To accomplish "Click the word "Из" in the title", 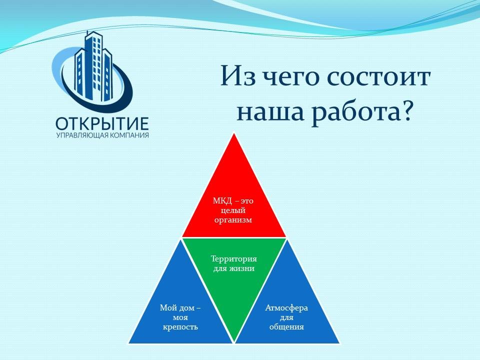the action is point(238,76).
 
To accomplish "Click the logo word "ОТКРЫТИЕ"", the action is point(102,124).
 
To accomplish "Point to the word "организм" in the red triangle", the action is point(233,220).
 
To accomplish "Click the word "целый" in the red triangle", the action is point(233,211).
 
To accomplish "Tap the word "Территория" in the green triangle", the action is point(234,259).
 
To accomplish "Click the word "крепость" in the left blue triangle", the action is point(180,327).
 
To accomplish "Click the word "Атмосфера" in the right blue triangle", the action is point(286,308).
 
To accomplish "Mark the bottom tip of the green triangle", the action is point(234,342).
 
